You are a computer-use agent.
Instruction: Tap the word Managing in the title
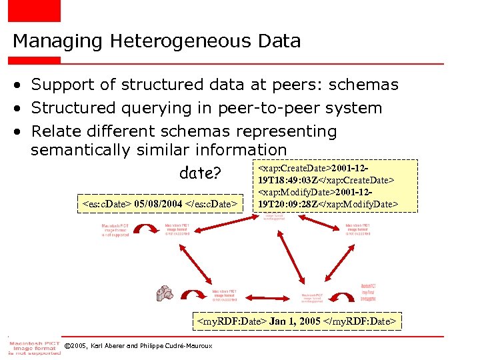point(53,41)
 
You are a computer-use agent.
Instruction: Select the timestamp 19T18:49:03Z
point(296,181)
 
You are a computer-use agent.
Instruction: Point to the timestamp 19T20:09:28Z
point(295,203)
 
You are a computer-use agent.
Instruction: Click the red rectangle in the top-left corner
point(34,11)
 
